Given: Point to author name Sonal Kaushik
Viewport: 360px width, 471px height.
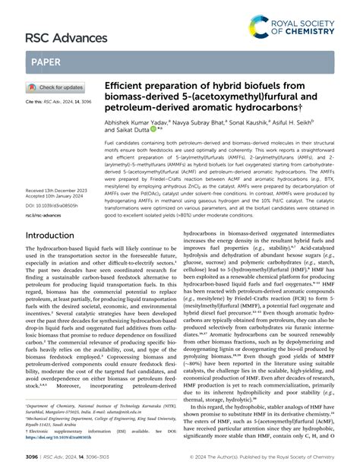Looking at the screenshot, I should pos(244,122).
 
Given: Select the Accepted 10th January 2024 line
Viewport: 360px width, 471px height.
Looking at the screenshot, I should pos(55,198).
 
